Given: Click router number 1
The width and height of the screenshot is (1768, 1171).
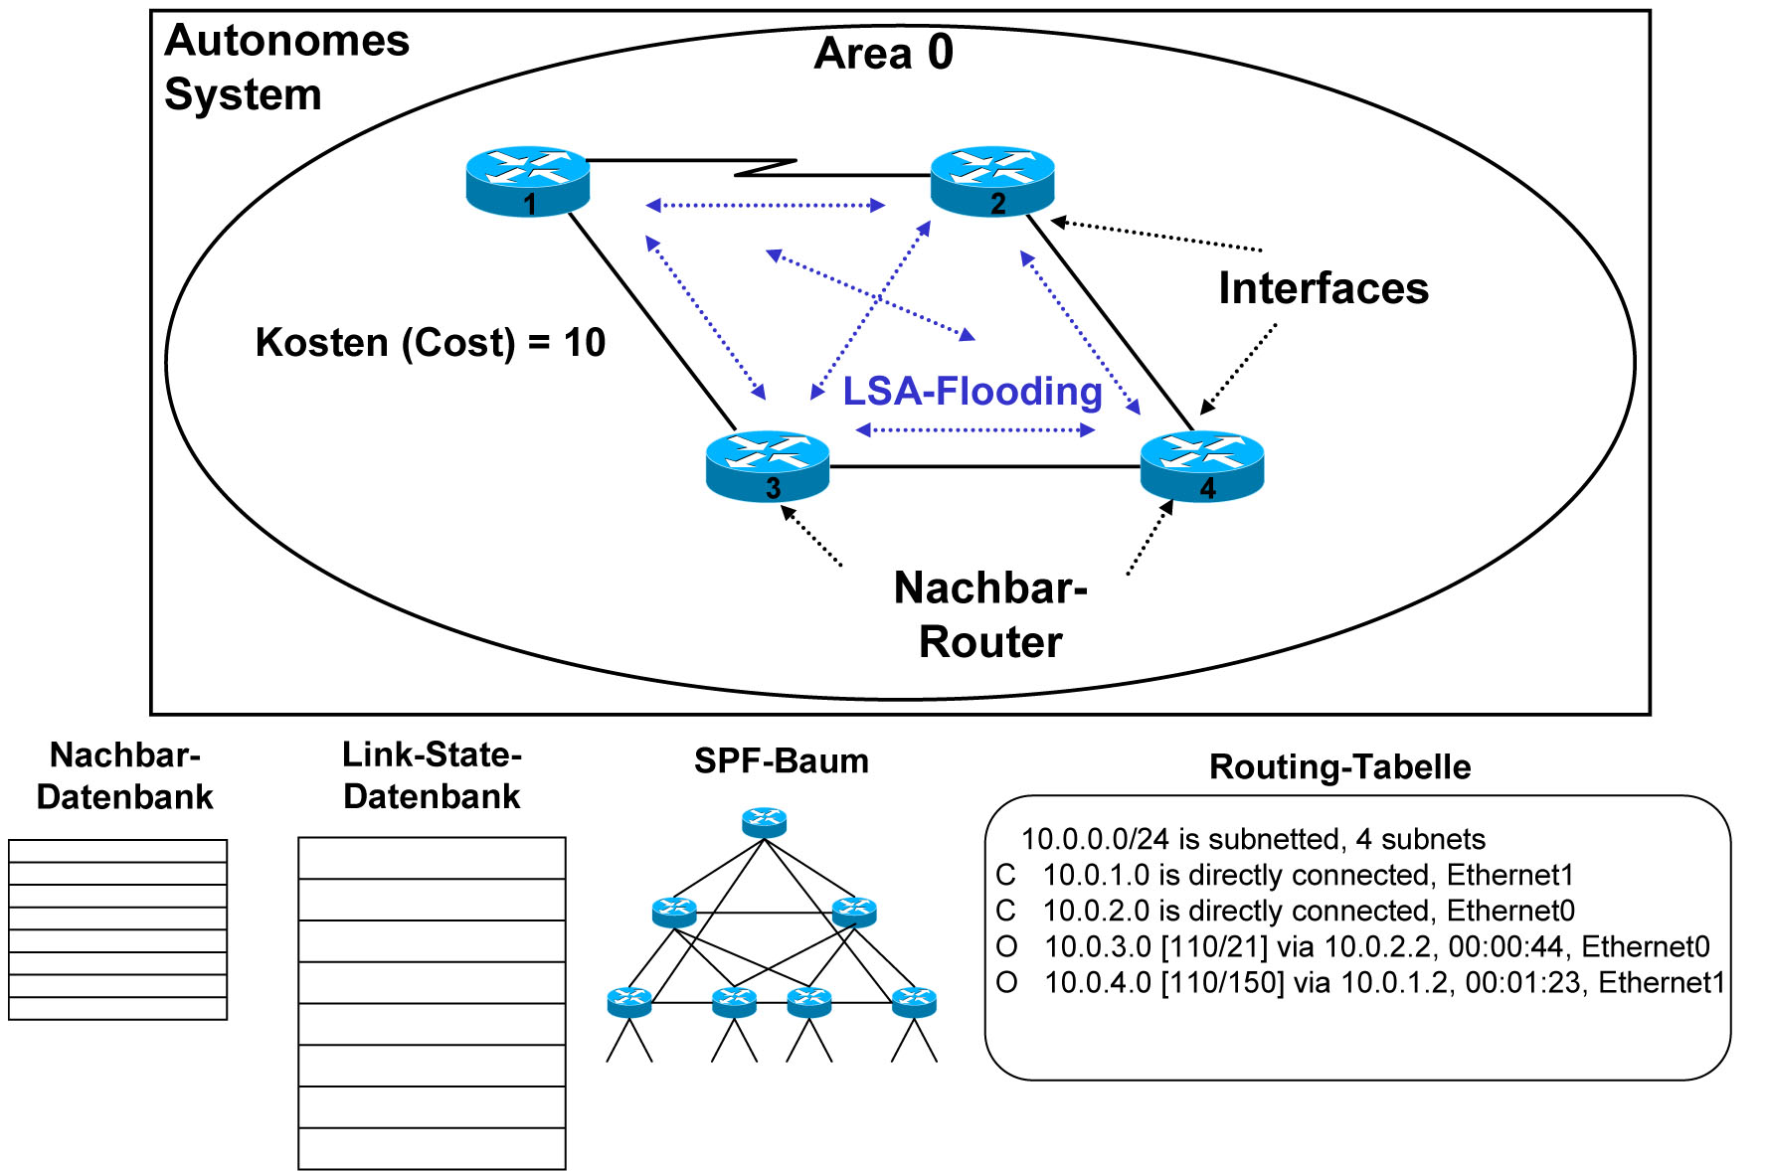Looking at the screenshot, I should (528, 181).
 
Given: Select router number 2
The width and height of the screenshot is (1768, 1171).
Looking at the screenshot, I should (992, 181).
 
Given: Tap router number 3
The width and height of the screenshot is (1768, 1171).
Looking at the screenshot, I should (768, 465).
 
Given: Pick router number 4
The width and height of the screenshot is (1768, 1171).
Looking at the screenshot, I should (1202, 465).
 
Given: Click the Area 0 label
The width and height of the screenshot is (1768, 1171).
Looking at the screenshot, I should (883, 53).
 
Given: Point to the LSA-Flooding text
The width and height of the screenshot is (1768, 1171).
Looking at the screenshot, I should (972, 392).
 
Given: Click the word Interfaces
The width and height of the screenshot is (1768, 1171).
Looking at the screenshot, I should (1324, 288).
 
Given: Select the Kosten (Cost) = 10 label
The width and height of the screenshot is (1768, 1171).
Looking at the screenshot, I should (430, 343).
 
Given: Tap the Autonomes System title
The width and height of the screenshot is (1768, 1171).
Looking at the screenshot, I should (286, 68).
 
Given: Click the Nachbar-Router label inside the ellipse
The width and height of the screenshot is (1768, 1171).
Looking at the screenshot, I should (990, 614).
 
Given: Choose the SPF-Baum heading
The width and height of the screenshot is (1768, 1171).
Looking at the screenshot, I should (782, 761).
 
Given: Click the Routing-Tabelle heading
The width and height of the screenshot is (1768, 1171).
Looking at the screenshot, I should (1339, 767).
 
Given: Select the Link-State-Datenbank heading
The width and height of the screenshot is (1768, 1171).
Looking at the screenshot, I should (432, 775).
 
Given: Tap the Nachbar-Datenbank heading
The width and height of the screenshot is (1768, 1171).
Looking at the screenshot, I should (125, 775).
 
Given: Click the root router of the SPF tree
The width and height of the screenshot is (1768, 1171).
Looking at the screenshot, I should (764, 822).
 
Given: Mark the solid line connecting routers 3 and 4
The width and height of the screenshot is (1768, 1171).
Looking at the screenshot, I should (984, 466).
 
